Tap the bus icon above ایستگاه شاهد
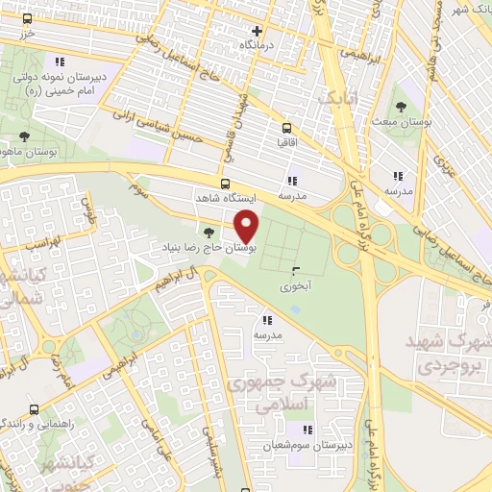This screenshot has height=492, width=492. click(225, 184)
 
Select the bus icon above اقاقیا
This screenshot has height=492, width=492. click(286, 127)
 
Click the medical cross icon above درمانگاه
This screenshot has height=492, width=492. click(256, 31)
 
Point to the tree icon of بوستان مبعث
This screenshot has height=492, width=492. click(401, 107)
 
